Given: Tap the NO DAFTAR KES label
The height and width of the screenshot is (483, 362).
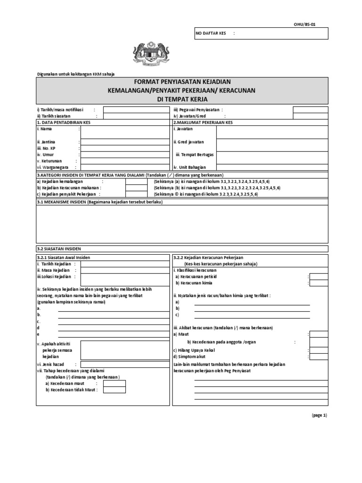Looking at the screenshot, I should coord(210,33).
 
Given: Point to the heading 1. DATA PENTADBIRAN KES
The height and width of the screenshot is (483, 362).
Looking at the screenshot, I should coord(64,122).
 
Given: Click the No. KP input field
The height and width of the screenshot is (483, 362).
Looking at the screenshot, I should coord(125,148).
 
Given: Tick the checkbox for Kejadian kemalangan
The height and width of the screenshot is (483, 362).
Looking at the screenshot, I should coord(136,181).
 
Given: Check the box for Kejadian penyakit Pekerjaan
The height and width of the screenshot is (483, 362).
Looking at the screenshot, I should coord(136,194).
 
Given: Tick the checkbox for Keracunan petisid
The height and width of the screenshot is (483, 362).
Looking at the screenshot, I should coord(319,276).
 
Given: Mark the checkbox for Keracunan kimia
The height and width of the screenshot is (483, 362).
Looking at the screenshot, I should coord(319,283).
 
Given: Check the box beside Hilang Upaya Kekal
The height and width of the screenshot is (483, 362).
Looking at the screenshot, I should coord(319,350).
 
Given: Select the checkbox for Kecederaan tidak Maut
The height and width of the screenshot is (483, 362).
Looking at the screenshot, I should coord(115,390).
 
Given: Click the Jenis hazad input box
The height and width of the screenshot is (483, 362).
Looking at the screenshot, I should coord(125,365).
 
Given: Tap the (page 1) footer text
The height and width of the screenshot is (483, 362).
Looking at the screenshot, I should coord(319,415).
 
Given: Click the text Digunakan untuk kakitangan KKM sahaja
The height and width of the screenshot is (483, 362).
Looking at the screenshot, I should coord(75,74).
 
